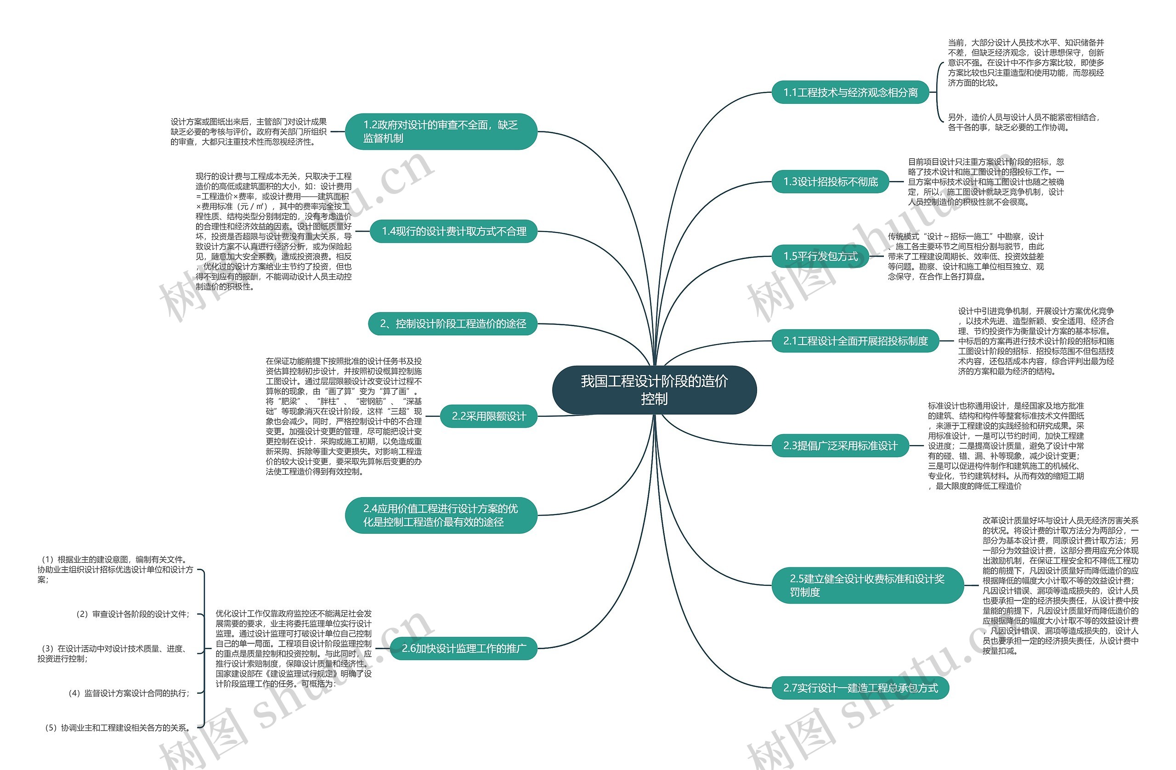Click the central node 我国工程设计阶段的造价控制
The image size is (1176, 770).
click(x=654, y=390)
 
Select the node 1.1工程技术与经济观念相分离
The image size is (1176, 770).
click(x=850, y=92)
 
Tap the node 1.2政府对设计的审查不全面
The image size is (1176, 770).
click(x=441, y=131)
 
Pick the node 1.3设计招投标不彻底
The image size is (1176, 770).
click(x=830, y=182)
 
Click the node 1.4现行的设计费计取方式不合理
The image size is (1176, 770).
click(x=453, y=231)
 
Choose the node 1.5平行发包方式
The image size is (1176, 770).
click(x=820, y=256)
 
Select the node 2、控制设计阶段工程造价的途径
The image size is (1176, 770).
click(x=452, y=324)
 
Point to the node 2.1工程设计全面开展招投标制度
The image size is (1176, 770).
click(x=855, y=341)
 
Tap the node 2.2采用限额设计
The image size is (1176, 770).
click(x=488, y=416)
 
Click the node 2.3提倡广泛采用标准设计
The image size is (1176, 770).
click(x=840, y=446)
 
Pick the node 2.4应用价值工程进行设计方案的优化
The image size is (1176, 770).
click(x=441, y=515)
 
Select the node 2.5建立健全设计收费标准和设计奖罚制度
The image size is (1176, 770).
click(x=867, y=585)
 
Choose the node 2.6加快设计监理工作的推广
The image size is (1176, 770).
click(x=464, y=648)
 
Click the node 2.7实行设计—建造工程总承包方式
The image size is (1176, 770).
click(x=860, y=688)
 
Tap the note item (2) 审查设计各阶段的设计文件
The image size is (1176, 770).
click(x=132, y=614)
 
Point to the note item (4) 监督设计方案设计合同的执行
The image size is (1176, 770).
click(x=129, y=693)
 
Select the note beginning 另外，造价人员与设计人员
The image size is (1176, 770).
click(x=1023, y=122)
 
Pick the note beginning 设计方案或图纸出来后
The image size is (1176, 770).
click(x=249, y=131)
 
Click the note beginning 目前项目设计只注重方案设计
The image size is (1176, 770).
click(x=986, y=182)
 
